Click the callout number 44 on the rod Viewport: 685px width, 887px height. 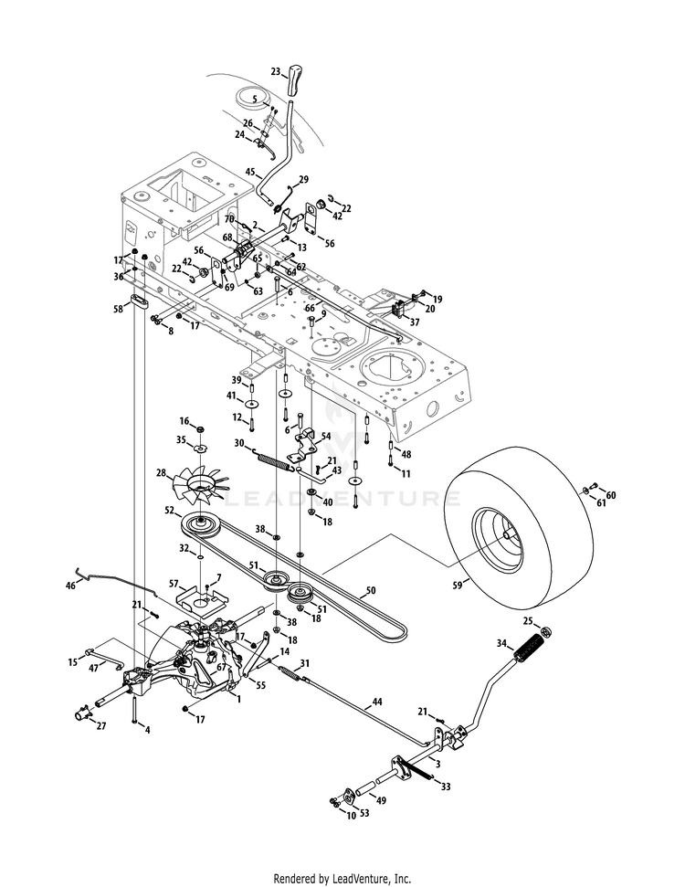376,702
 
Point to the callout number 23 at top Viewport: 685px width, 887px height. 276,70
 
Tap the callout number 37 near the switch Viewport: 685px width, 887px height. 414,322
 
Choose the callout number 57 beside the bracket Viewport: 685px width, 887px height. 174,583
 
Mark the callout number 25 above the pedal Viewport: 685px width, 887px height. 528,621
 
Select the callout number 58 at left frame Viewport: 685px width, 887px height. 118,309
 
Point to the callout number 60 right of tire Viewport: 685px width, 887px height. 611,495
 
